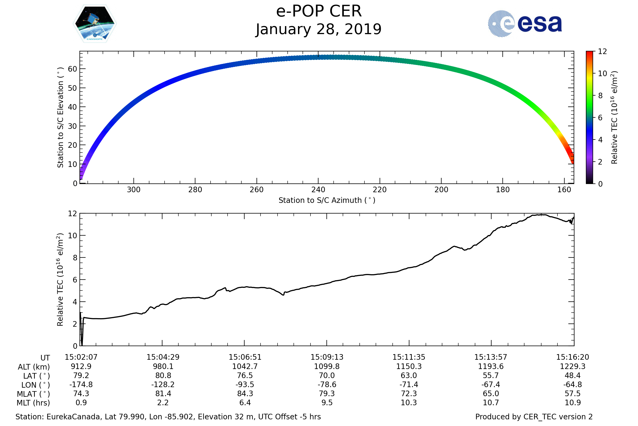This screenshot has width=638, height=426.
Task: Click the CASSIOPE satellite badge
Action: pyautogui.click(x=95, y=24)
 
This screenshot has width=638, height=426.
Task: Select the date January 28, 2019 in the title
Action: pyautogui.click(x=319, y=29)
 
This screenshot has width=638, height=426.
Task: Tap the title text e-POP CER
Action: pyautogui.click(x=319, y=11)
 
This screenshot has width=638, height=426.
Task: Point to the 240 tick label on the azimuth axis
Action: pyautogui.click(x=318, y=190)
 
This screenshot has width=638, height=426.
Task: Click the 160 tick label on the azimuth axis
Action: pyautogui.click(x=564, y=190)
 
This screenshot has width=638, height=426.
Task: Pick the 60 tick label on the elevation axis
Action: pyautogui.click(x=72, y=69)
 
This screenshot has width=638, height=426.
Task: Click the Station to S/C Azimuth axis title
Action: pyautogui.click(x=327, y=200)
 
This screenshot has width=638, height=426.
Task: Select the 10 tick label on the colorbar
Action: pyautogui.click(x=602, y=73)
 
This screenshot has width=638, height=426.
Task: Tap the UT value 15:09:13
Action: pyautogui.click(x=327, y=357)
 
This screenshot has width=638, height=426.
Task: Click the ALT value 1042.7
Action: pyautogui.click(x=245, y=366)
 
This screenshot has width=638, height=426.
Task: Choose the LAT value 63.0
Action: pyautogui.click(x=409, y=375)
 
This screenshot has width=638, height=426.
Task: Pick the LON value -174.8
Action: pyautogui.click(x=81, y=384)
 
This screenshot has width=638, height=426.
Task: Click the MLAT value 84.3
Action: pyautogui.click(x=245, y=394)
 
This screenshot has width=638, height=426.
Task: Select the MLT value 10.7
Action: pyautogui.click(x=491, y=402)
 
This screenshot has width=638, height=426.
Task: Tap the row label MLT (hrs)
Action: pyautogui.click(x=33, y=403)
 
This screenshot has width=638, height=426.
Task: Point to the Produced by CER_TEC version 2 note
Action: pyautogui.click(x=534, y=417)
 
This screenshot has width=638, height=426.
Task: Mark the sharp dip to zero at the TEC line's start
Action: pyautogui.click(x=82, y=345)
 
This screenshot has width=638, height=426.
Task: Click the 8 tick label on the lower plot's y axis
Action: pyautogui.click(x=75, y=257)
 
